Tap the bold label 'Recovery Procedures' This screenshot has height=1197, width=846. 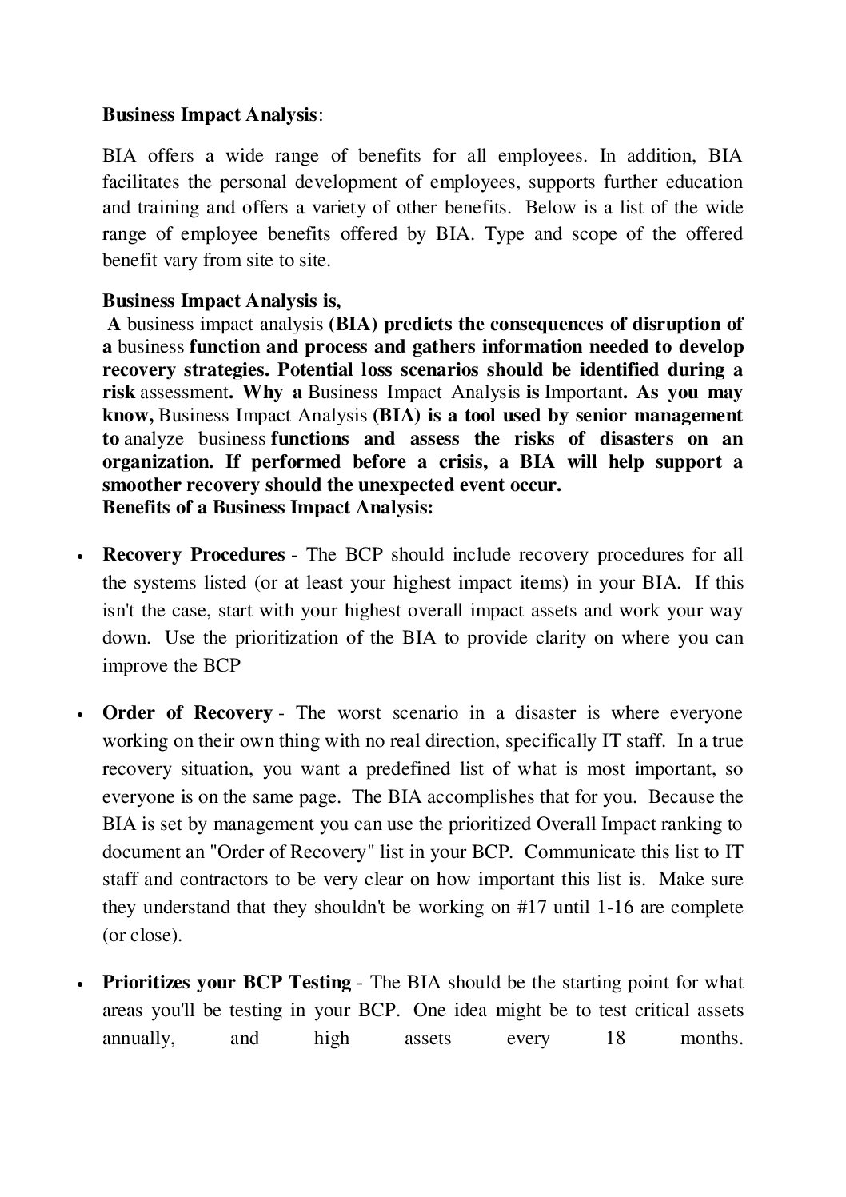(194, 555)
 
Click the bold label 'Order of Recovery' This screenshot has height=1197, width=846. (187, 713)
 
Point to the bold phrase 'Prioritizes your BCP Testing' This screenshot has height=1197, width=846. (227, 983)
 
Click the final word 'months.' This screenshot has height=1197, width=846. (712, 1039)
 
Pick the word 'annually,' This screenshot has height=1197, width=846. (138, 1039)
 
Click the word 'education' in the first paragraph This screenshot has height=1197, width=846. (707, 182)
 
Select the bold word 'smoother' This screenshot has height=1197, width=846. (142, 485)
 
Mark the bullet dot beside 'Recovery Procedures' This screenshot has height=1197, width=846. (80, 557)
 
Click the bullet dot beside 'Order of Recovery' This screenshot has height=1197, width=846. (80, 715)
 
